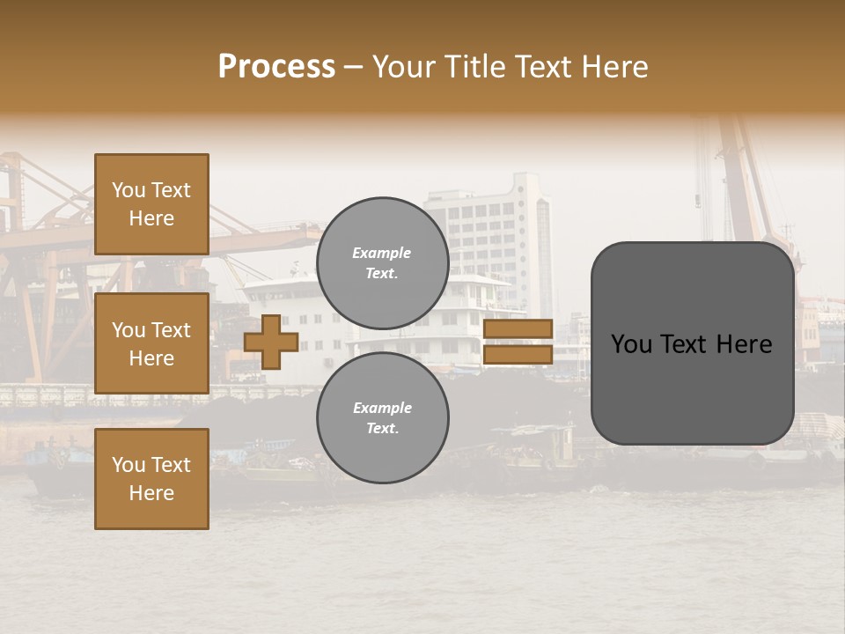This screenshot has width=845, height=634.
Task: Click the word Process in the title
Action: click(x=276, y=67)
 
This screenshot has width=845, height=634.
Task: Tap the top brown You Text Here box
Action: click(x=151, y=204)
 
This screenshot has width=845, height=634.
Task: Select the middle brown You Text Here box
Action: click(x=151, y=343)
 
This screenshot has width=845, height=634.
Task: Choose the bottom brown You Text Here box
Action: click(x=151, y=479)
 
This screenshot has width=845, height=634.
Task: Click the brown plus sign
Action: click(x=271, y=342)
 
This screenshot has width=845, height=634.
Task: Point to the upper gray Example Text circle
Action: click(x=382, y=263)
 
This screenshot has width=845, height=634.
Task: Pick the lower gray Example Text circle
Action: click(x=382, y=418)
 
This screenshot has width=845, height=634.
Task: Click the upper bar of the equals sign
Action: click(x=518, y=329)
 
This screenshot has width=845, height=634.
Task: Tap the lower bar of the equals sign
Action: click(x=518, y=355)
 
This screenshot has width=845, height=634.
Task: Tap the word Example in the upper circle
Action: click(x=381, y=253)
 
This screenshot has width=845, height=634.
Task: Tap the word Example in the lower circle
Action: click(x=381, y=408)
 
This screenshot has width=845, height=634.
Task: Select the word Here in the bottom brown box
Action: click(x=151, y=493)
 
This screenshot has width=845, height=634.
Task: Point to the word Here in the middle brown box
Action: click(x=151, y=358)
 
